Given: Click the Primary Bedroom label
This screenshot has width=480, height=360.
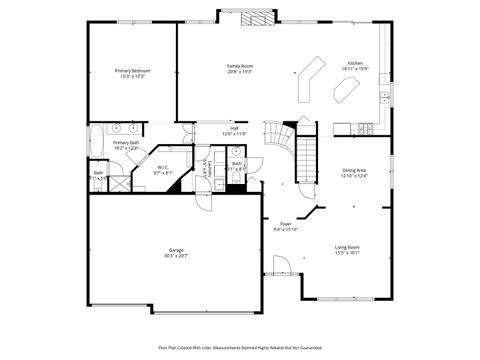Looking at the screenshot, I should pyautogui.click(x=132, y=71).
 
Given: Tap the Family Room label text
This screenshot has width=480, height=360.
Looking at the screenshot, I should pyautogui.click(x=240, y=66).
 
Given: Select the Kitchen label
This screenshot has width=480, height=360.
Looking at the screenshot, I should pyautogui.click(x=355, y=63).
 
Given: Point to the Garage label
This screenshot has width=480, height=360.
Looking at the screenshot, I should pyautogui.click(x=176, y=250).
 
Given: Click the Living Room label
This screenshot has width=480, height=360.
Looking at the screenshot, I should pyautogui.click(x=347, y=247).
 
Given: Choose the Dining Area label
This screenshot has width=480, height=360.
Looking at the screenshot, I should pyautogui.click(x=355, y=170).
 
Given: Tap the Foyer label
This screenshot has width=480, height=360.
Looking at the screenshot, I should pyautogui.click(x=285, y=224).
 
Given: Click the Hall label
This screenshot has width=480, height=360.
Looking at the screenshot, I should pyautogui.click(x=234, y=128).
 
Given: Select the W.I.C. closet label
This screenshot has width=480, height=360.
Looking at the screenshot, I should pyautogui.click(x=162, y=167).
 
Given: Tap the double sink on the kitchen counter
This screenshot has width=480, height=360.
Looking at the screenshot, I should pyautogui.click(x=384, y=97).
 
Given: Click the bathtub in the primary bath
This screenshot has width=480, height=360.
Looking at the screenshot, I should pyautogui.click(x=95, y=141).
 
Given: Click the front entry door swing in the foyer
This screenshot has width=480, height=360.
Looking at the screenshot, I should pyautogui.click(x=281, y=266).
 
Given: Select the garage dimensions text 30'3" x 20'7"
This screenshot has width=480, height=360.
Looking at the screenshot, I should pyautogui.click(x=176, y=257).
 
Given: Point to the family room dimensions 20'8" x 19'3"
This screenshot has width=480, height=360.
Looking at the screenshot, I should pyautogui.click(x=240, y=72).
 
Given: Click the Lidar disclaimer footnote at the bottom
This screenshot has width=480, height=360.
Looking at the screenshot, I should pyautogui.click(x=240, y=347).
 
